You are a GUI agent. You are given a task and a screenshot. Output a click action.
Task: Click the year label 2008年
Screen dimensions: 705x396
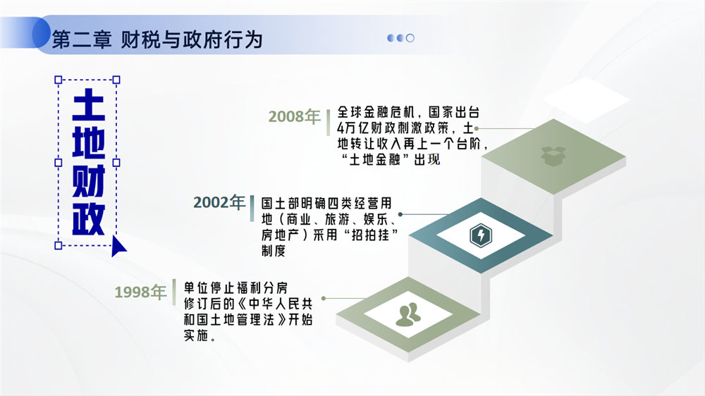pyautogui.click(x=294, y=116)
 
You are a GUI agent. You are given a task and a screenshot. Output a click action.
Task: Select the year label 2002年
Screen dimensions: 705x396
pyautogui.click(x=219, y=202)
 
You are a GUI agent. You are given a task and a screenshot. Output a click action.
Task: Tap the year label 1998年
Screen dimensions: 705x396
pyautogui.click(x=140, y=292)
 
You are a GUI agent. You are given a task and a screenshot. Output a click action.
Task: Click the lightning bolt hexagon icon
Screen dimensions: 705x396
pyautogui.click(x=481, y=235)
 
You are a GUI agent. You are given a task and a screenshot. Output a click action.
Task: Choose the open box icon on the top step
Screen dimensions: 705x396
pyautogui.click(x=553, y=156)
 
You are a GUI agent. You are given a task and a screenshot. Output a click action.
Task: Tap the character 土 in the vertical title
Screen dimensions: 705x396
pyautogui.click(x=89, y=105)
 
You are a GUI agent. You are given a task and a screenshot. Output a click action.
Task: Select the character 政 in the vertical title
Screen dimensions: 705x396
pyautogui.click(x=89, y=219)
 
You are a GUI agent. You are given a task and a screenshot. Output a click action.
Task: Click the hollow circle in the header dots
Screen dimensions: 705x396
pyautogui.click(x=410, y=38)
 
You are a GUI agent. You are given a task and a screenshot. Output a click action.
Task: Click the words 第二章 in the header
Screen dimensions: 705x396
pyautogui.click(x=82, y=39)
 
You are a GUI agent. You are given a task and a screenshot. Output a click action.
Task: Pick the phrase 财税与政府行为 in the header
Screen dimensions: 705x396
pyautogui.click(x=192, y=39)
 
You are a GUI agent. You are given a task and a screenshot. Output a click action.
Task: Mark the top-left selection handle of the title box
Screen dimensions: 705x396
pyautogui.click(x=58, y=80)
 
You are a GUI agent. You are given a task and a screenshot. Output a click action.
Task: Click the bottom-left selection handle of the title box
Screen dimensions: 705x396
pyautogui.click(x=58, y=245)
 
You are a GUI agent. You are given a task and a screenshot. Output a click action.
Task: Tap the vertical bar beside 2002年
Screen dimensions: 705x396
pyautogui.click(x=252, y=208)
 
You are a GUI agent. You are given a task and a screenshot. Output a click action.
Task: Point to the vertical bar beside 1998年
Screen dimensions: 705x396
pyautogui.click(x=174, y=292)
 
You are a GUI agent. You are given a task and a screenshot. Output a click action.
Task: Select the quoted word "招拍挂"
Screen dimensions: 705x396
pyautogui.click(x=370, y=235)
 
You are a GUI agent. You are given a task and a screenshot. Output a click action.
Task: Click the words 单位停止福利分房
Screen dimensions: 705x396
pyautogui.click(x=235, y=287)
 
